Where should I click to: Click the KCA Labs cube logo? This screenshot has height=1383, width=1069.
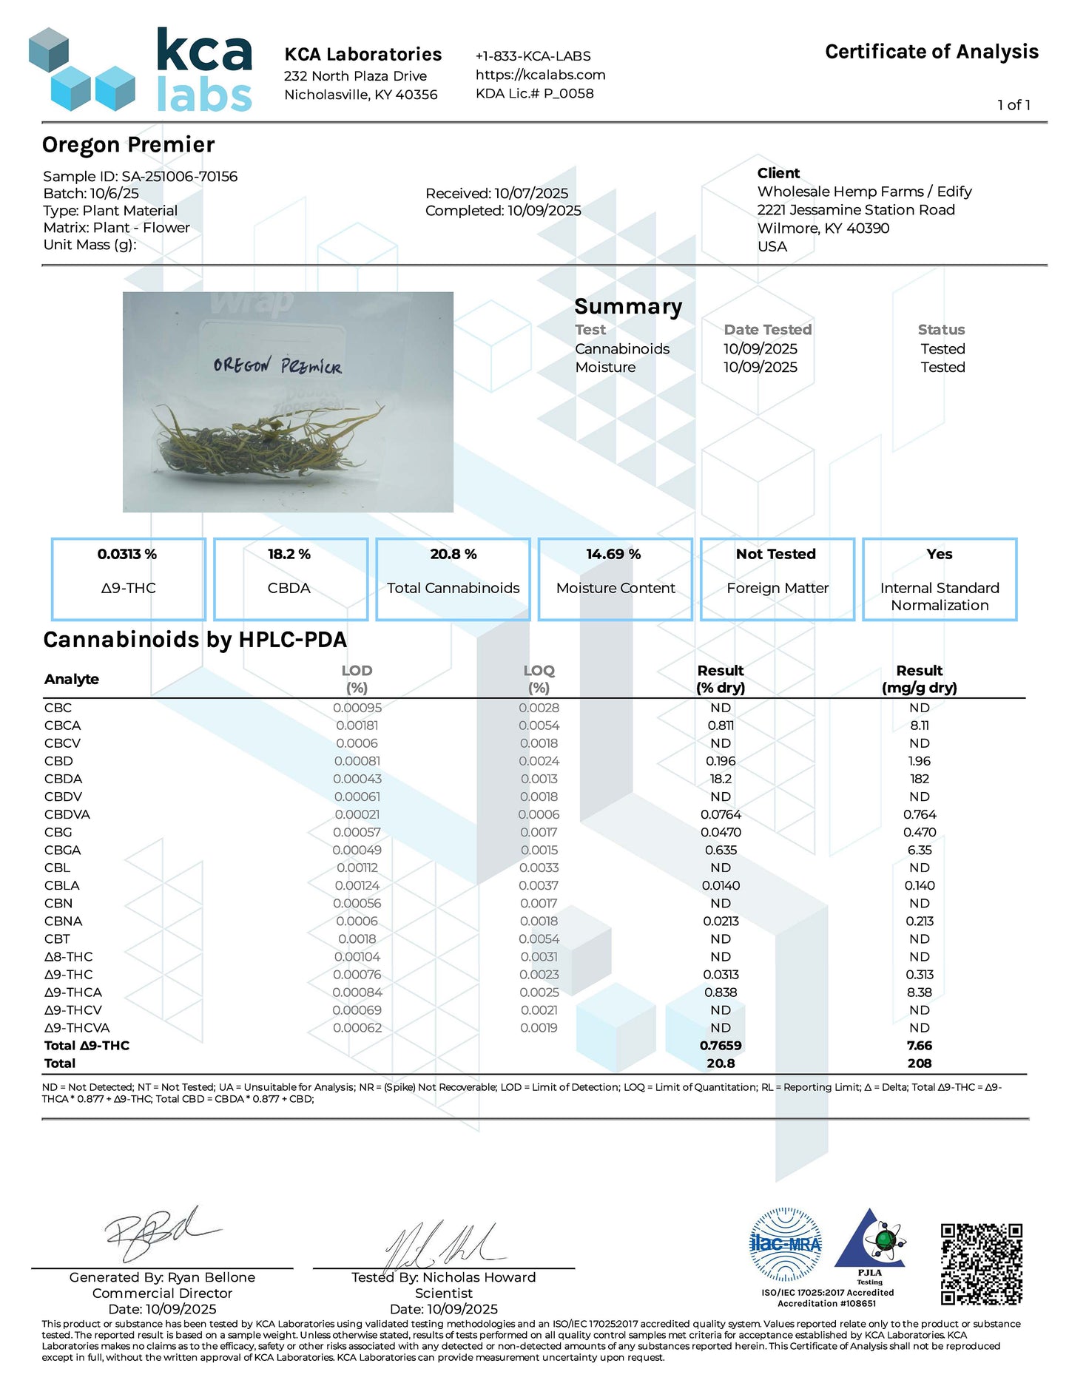[81, 70]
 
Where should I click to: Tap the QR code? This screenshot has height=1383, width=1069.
[981, 1264]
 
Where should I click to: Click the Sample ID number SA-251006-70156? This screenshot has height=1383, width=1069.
[180, 177]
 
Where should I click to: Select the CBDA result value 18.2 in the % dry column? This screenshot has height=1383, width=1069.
[721, 779]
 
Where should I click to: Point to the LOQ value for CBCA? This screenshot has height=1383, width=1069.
[539, 726]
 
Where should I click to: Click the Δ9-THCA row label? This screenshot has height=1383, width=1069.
[73, 993]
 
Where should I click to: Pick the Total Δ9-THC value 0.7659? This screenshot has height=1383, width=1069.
[721, 1046]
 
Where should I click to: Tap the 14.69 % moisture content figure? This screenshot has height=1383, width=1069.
[613, 554]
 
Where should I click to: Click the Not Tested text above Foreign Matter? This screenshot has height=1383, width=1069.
[776, 554]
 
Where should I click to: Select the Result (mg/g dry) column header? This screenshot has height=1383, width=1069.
[919, 679]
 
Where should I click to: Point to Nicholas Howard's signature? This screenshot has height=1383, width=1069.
[444, 1244]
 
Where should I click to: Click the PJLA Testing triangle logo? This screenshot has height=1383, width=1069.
[870, 1242]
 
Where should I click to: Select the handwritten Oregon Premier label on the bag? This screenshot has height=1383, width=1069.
[277, 365]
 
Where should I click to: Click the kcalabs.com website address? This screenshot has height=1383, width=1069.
[540, 75]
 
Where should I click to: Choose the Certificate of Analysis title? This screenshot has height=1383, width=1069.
[931, 52]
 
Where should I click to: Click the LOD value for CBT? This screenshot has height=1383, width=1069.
[357, 939]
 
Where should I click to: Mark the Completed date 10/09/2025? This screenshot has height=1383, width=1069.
[544, 211]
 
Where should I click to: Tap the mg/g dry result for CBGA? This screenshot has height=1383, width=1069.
[919, 851]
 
